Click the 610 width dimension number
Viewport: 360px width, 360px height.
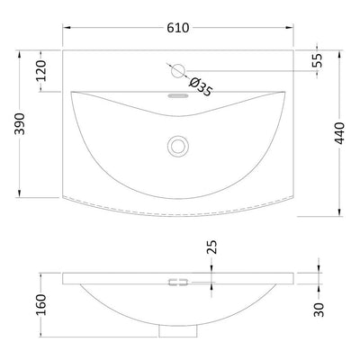click(x=178, y=28)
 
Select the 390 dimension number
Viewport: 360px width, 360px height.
click(x=20, y=123)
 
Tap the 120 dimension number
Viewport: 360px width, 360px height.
click(x=41, y=71)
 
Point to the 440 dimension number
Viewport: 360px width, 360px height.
click(x=339, y=133)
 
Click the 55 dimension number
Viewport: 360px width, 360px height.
click(x=317, y=60)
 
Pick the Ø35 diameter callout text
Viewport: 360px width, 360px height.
click(x=201, y=86)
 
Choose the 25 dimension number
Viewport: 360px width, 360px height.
click(x=211, y=247)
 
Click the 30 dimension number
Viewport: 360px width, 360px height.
click(x=319, y=310)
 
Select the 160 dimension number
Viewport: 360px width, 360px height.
click(x=41, y=304)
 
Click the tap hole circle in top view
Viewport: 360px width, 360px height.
click(x=178, y=71)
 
